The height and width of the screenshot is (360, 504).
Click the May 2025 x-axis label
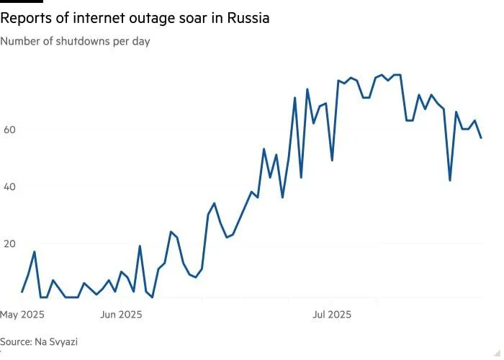pyautogui.click(x=22, y=315)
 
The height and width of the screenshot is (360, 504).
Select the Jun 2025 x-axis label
pyautogui.click(x=120, y=315)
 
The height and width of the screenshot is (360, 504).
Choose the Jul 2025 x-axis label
pyautogui.click(x=330, y=315)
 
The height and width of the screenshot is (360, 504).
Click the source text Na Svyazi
pyautogui.click(x=55, y=342)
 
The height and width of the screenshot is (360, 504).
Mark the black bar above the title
pyautogui.click(x=22, y=2)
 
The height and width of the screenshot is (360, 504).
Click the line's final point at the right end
pyautogui.click(x=481, y=138)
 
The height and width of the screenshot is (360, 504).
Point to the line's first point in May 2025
pyautogui.click(x=22, y=292)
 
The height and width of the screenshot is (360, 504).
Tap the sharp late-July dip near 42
pyautogui.click(x=450, y=180)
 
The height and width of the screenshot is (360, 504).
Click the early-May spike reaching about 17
pyautogui.click(x=35, y=251)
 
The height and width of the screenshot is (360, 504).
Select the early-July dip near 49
pyautogui.click(x=331, y=160)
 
